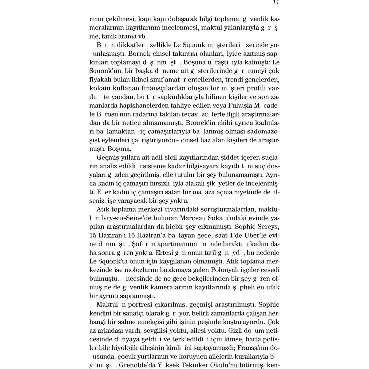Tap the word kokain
[x=98, y=89]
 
